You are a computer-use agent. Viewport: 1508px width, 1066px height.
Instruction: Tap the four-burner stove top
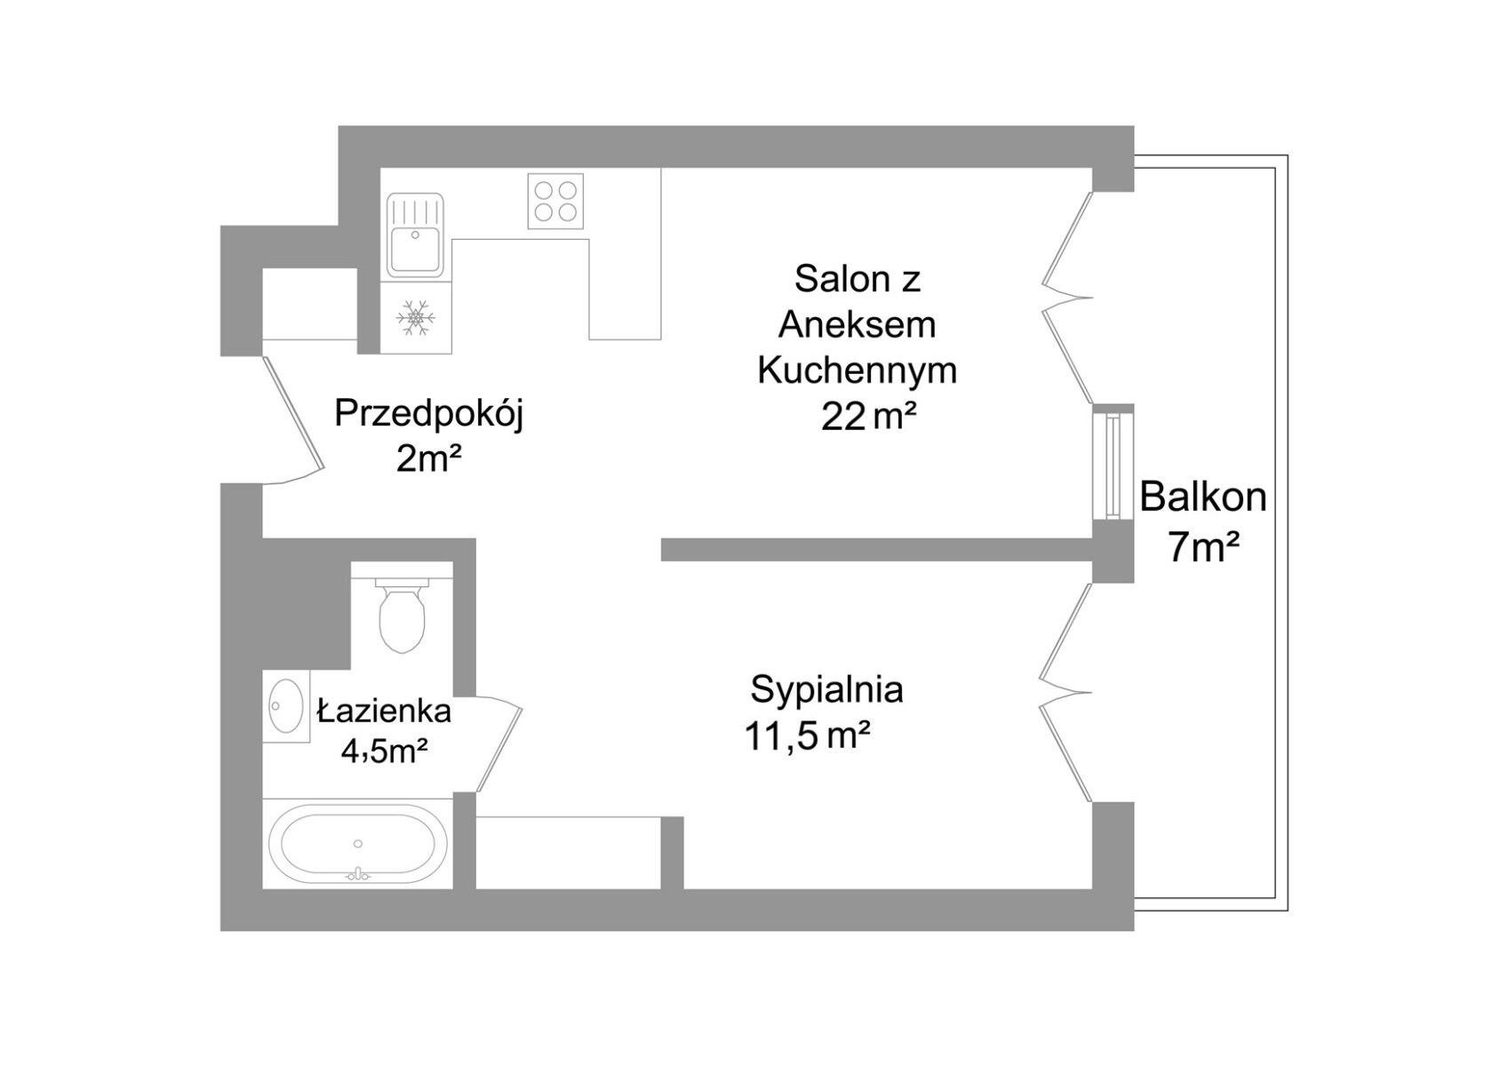[555, 202]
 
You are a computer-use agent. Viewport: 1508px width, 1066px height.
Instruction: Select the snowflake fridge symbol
[415, 318]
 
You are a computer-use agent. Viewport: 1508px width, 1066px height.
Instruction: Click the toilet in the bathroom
[402, 615]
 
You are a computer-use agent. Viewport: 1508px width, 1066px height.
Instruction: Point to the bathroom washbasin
[286, 706]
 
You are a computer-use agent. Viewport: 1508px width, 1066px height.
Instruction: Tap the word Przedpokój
[429, 415]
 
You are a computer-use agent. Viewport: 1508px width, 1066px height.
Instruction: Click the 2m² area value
[429, 460]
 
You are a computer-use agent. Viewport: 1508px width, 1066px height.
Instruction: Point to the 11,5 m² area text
[807, 736]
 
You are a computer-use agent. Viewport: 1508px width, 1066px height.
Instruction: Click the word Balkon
[1203, 498]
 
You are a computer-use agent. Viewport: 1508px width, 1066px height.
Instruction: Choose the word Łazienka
[385, 712]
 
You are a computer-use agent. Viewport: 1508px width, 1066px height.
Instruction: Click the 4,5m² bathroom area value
[385, 752]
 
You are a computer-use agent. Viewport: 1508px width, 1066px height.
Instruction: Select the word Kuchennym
[857, 370]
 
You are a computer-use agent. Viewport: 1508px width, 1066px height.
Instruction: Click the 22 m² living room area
[868, 418]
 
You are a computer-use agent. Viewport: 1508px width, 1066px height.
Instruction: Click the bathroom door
[499, 744]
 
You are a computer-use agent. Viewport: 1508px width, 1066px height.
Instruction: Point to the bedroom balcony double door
[1065, 693]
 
